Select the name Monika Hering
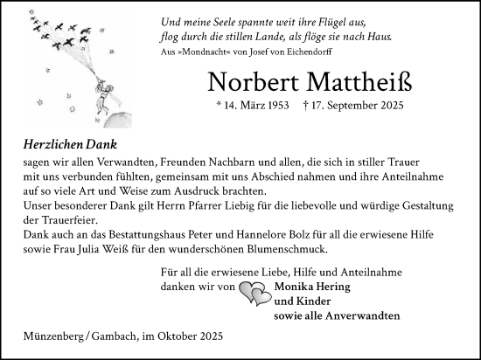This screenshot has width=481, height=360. click(312, 286)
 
